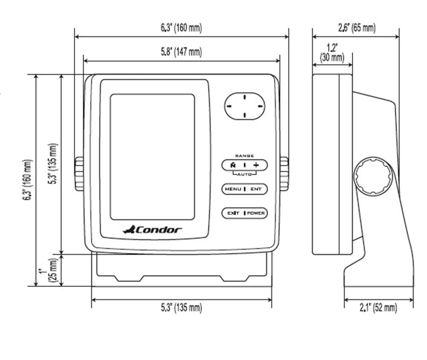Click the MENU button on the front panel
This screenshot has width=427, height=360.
233,189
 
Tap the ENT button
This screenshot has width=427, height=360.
256,189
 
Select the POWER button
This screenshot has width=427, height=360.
256,213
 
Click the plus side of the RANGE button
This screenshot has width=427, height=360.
256,165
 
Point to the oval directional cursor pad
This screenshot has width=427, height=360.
245,105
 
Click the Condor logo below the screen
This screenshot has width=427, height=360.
152,230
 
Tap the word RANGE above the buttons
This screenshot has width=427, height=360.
244,156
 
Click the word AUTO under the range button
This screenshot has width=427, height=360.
244,175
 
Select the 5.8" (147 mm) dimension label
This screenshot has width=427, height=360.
181,52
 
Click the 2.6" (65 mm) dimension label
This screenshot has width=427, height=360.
356,28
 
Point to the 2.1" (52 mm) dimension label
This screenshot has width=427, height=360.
378,307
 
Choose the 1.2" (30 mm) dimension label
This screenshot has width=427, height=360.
332,53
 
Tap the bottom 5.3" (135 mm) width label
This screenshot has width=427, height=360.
181,307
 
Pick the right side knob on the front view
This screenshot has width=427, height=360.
284,174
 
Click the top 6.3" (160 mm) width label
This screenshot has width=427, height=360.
181,28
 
